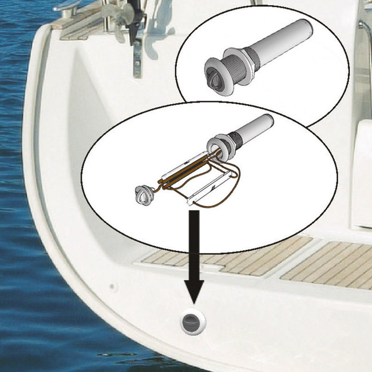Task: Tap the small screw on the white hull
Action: (113, 284)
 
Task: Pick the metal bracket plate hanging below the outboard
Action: (137, 57)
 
